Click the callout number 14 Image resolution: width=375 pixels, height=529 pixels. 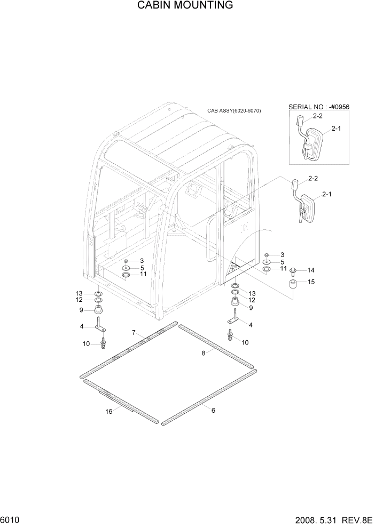(x=310, y=270)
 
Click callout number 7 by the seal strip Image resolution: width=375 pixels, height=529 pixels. (x=134, y=333)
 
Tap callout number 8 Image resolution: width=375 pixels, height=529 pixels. (x=204, y=352)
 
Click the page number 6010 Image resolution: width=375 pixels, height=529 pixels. (x=11, y=519)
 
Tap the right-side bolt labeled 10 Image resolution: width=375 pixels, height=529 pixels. (x=231, y=335)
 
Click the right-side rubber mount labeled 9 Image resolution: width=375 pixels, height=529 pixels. (x=235, y=304)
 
